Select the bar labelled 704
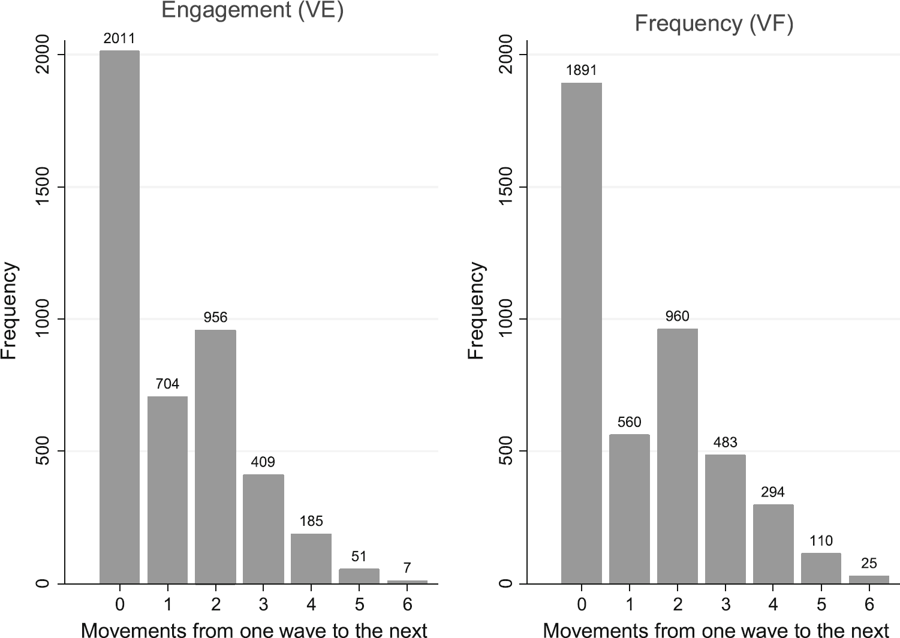(167, 489)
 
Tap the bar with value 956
(215, 456)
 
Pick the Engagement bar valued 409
(263, 529)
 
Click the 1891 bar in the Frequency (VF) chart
(581, 333)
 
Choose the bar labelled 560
(629, 508)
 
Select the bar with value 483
(725, 519)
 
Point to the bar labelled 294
(773, 544)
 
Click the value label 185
(311, 521)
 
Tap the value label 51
(359, 556)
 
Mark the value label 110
(821, 541)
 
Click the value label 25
(869, 563)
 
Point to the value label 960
(677, 316)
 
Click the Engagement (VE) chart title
(252, 11)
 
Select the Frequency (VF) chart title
(714, 23)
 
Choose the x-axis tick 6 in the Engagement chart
(407, 604)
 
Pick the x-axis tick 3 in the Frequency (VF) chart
(725, 604)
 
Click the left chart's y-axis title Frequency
(10, 311)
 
